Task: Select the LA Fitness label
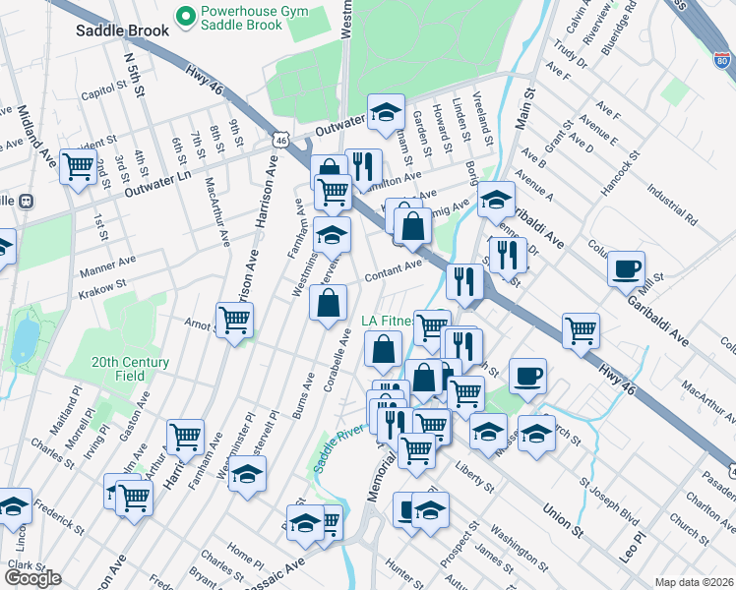387,321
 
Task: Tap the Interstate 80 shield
721,61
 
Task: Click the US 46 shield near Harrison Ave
281,142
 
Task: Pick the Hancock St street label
619,169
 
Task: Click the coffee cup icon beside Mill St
625,267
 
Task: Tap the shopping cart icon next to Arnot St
234,319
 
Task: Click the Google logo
32,577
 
